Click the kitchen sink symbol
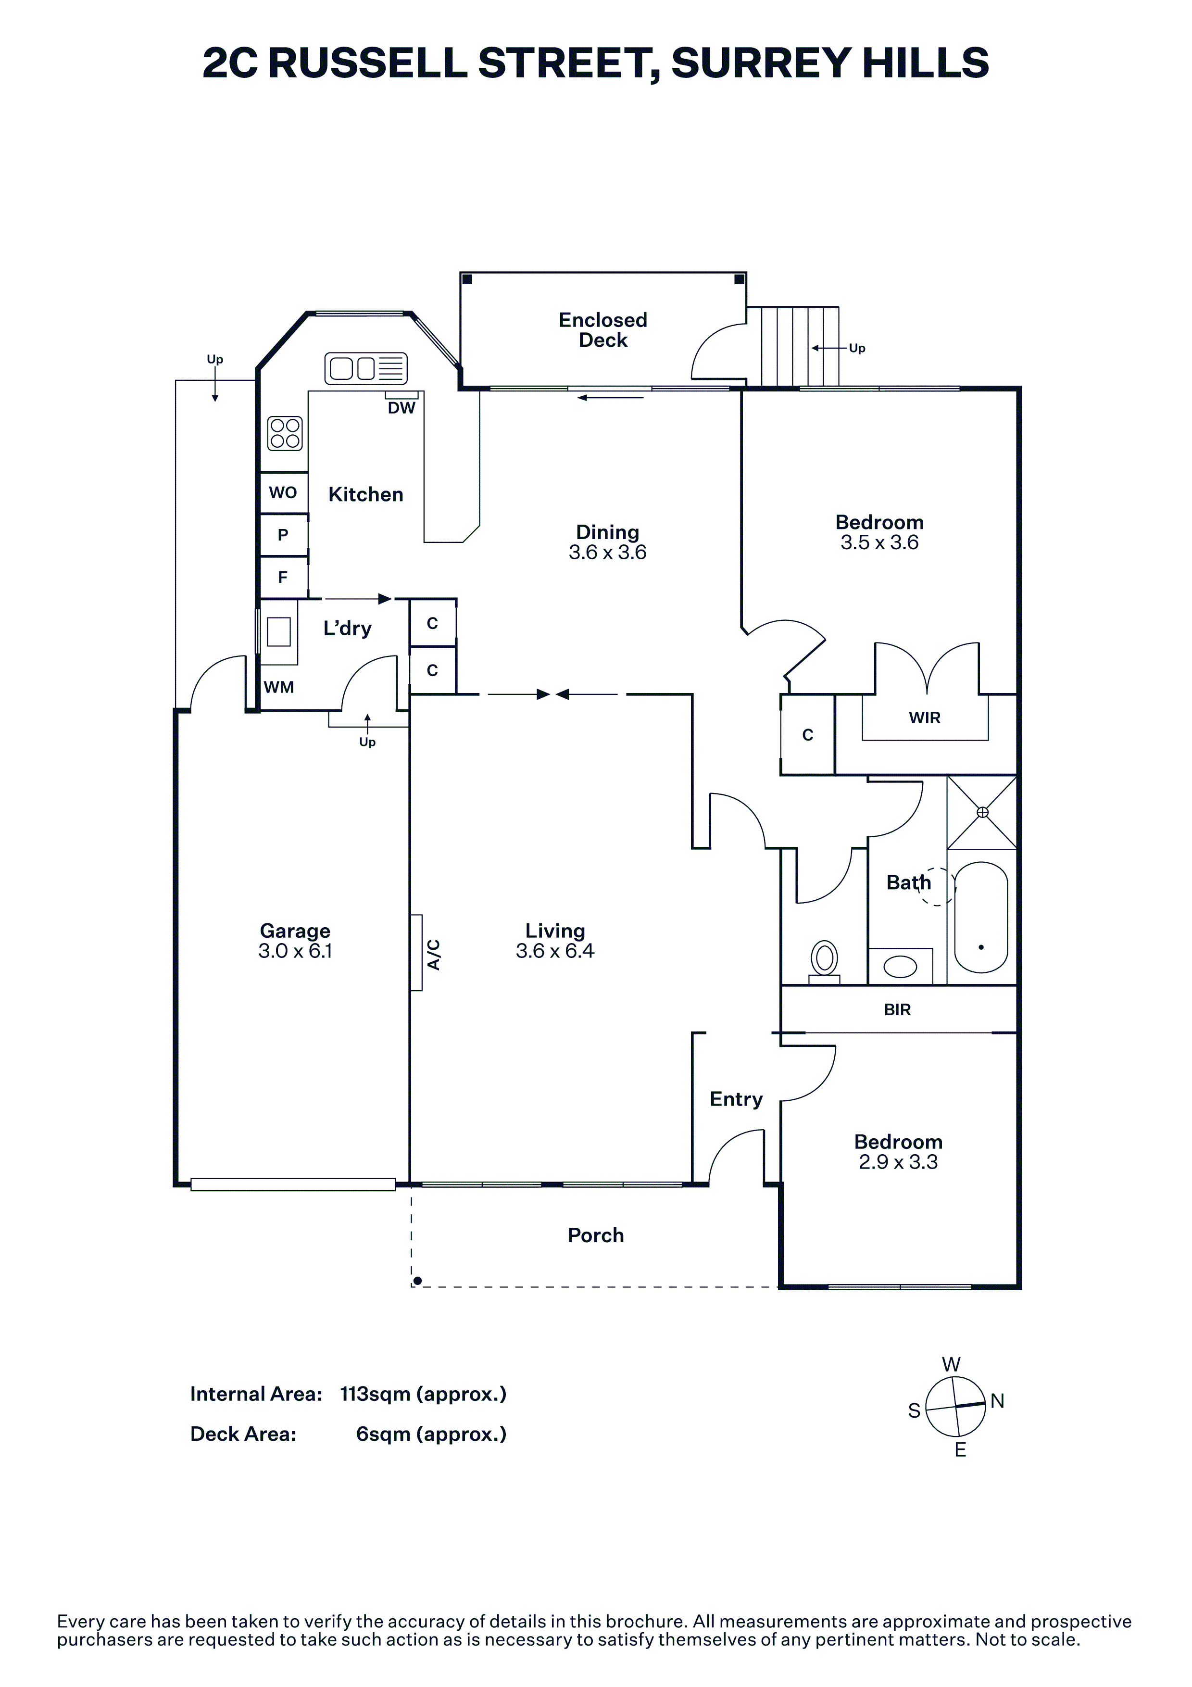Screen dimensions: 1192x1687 366,368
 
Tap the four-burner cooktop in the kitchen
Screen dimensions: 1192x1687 285,433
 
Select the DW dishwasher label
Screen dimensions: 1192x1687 402,408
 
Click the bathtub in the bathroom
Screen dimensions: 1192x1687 981,917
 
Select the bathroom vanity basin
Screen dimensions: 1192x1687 901,966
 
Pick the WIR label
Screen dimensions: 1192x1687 925,718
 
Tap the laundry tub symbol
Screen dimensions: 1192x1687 279,631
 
